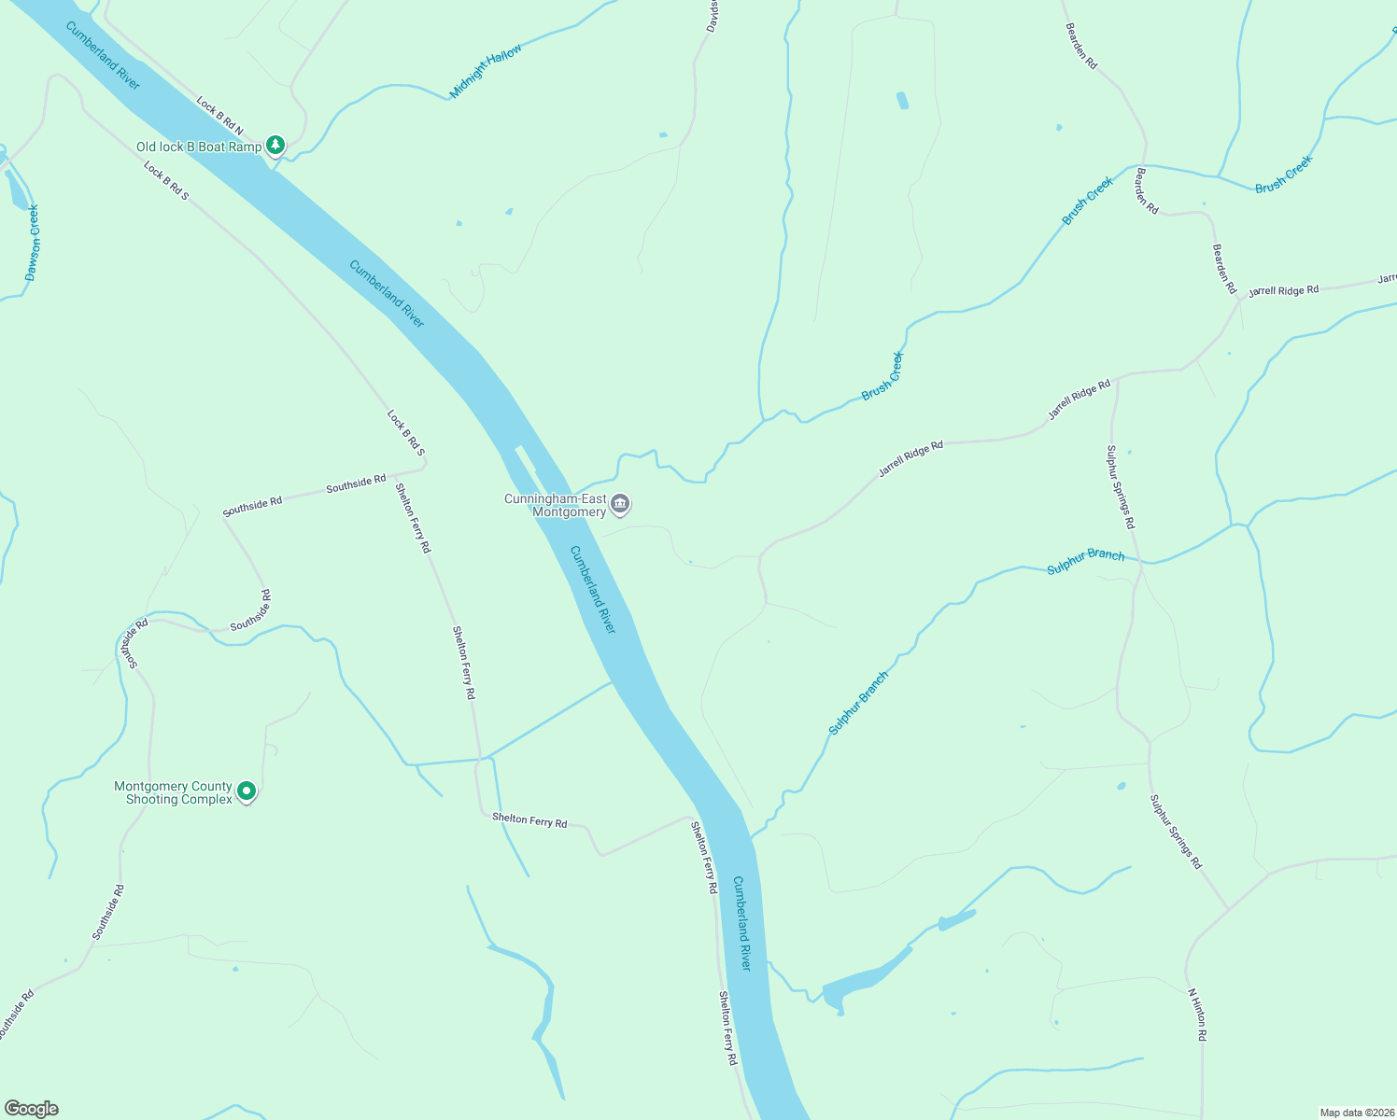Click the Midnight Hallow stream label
487,71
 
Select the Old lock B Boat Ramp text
199,147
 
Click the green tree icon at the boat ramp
275,145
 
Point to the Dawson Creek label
33,243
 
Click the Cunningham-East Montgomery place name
556,506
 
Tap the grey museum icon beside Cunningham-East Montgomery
620,506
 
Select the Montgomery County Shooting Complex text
173,792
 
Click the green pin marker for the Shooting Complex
247,791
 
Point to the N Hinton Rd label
1197,1015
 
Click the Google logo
31,1109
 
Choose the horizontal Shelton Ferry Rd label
529,820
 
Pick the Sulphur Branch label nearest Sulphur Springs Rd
1085,561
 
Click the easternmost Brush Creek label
1284,175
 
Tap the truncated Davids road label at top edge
712,16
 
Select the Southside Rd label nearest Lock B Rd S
356,484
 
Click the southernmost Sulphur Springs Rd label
1176,832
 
